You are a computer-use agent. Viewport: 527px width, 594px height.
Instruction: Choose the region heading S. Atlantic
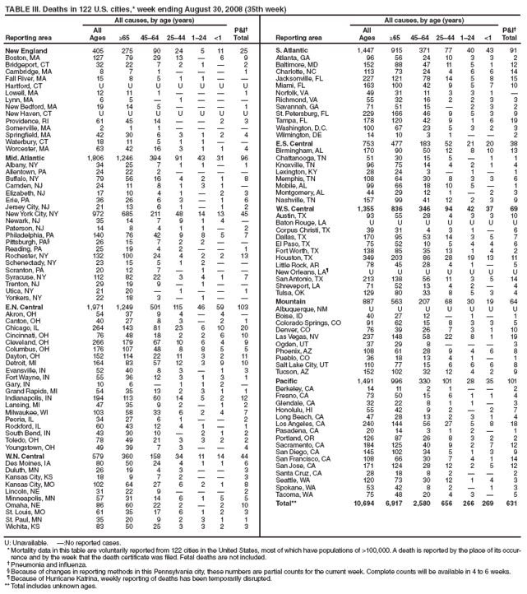[288, 50]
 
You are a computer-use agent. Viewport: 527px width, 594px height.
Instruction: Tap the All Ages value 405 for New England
[98, 50]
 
